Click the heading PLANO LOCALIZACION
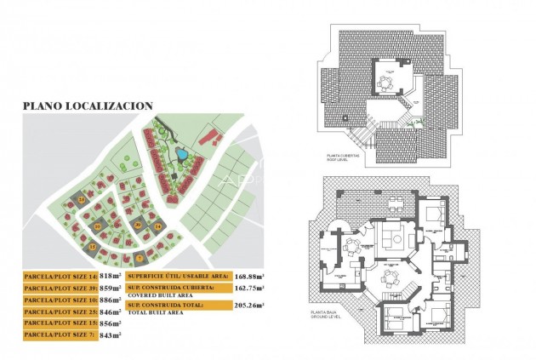click(x=88, y=106)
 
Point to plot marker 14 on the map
click(x=82, y=199)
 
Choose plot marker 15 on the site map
click(x=94, y=247)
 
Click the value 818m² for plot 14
click(x=110, y=277)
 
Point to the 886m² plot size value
click(x=111, y=300)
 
